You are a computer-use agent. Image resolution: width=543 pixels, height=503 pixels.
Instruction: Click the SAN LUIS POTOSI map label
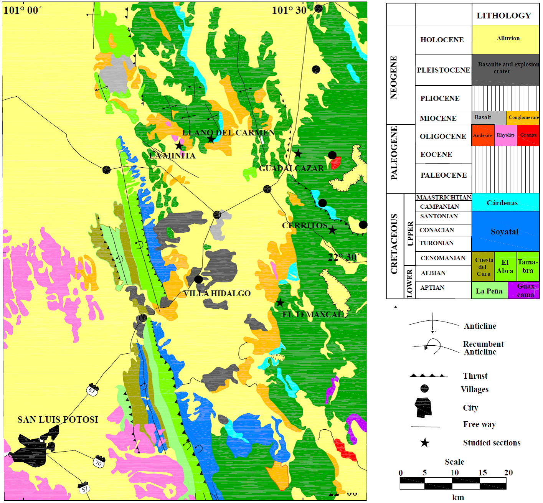(58, 420)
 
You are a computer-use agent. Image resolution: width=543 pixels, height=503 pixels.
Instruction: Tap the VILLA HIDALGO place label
(217, 294)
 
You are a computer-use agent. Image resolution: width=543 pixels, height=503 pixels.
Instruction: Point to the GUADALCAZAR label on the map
(291, 168)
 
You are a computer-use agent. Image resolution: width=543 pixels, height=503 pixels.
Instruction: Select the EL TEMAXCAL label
(313, 315)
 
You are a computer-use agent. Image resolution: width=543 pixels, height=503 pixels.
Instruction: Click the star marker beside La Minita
(179, 146)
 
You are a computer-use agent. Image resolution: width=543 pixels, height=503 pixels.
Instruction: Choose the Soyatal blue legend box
(505, 231)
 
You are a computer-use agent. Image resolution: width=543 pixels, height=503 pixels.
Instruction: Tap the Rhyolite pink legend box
(505, 135)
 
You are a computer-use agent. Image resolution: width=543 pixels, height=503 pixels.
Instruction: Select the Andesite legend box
(482, 135)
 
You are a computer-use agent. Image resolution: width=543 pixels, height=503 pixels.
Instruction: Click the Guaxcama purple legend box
(523, 290)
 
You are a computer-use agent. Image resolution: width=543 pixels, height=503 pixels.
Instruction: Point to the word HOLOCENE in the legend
(442, 40)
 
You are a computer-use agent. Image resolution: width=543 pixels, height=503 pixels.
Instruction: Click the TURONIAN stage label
(436, 243)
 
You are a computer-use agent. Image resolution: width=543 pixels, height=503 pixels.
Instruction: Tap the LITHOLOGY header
(503, 16)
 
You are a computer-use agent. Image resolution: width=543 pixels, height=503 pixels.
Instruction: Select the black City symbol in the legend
(424, 407)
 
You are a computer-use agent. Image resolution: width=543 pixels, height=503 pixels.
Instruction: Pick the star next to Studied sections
(424, 443)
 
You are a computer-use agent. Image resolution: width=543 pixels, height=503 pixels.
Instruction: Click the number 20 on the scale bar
(508, 473)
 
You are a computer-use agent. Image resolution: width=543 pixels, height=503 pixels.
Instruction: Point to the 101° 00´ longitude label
(22, 10)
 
